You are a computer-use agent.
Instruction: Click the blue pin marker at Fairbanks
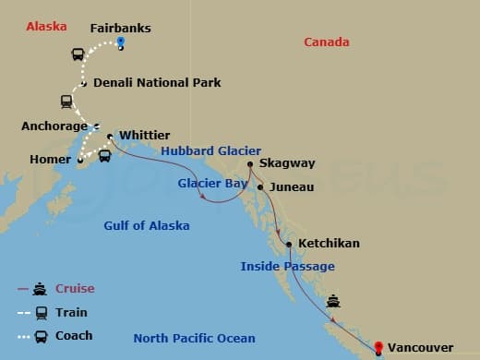pyautogui.click(x=121, y=43)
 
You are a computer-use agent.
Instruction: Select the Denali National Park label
pyautogui.click(x=157, y=82)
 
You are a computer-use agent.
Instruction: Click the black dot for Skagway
pyautogui.click(x=250, y=165)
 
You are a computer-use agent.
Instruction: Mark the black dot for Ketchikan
pyautogui.click(x=290, y=245)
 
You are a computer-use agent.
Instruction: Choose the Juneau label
pyautogui.click(x=292, y=186)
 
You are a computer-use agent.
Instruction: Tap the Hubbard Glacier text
pyautogui.click(x=210, y=150)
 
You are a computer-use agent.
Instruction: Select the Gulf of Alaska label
pyautogui.click(x=147, y=225)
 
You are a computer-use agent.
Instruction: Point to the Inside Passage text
pyautogui.click(x=287, y=266)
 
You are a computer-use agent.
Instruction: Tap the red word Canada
pyautogui.click(x=327, y=42)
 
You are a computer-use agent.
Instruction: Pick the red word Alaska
pyautogui.click(x=46, y=26)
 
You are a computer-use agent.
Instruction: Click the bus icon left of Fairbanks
pyautogui.click(x=78, y=54)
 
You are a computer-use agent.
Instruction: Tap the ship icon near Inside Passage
pyautogui.click(x=332, y=301)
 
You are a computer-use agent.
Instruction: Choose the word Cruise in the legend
pyautogui.click(x=75, y=288)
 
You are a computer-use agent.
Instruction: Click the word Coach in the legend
pyautogui.click(x=73, y=335)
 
